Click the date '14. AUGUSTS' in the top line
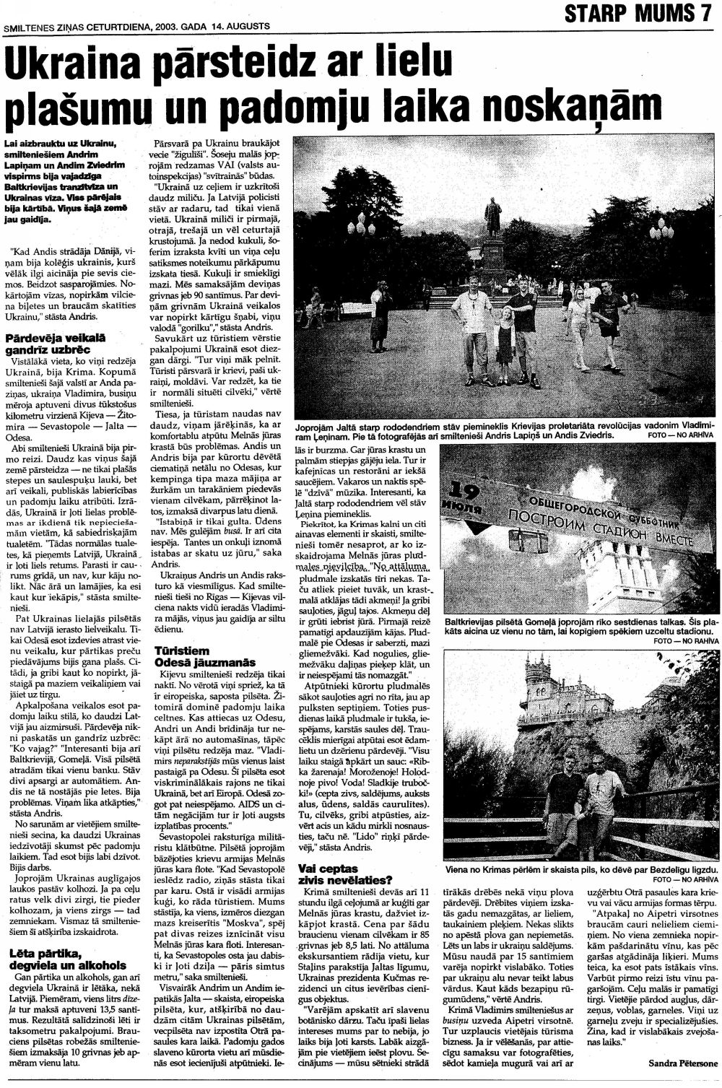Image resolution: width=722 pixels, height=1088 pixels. click(x=240, y=26)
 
